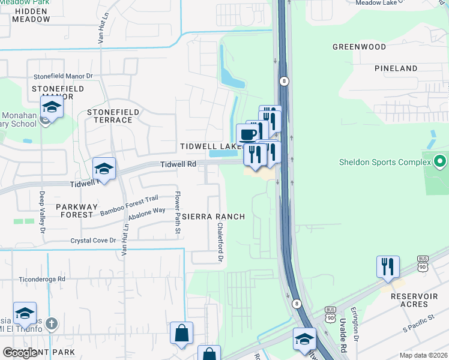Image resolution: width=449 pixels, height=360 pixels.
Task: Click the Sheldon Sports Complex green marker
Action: [x=440, y=161]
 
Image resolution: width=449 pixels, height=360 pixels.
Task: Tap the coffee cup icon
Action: [x=247, y=133]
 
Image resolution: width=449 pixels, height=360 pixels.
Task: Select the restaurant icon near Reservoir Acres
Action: [x=388, y=266]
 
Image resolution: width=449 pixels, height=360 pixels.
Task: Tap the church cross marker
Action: [x=52, y=324]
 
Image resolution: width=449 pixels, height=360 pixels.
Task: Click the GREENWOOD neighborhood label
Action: [x=360, y=46]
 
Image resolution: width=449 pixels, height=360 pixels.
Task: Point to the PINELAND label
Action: [x=396, y=68]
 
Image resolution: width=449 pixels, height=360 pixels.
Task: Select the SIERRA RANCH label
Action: [x=213, y=217]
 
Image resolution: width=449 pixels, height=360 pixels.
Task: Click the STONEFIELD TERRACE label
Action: [x=113, y=116]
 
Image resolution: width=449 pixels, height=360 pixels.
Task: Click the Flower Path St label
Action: [x=177, y=212]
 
